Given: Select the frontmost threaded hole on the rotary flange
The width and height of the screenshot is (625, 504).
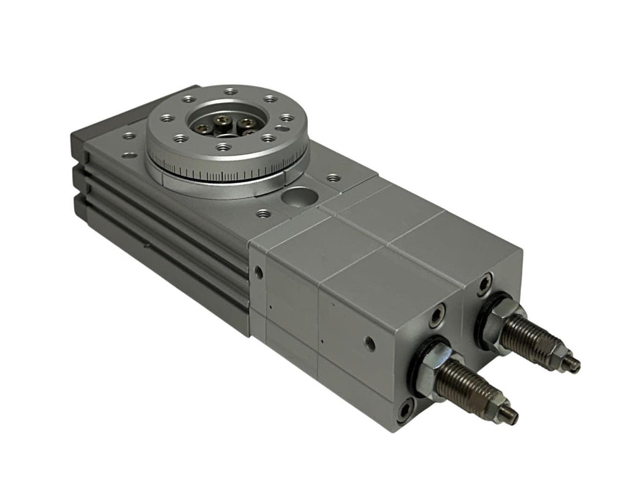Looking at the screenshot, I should pos(224,147).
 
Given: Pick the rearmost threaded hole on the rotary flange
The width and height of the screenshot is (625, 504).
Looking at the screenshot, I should pos(229,91).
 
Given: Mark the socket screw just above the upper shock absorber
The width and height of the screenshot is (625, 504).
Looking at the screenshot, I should pos(487,283).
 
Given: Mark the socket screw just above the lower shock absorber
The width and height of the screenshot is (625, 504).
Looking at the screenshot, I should pos(437,315).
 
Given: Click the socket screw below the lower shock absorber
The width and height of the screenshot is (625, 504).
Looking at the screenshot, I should pos(405,411).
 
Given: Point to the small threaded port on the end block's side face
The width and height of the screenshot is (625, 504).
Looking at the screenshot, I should pos(370,343).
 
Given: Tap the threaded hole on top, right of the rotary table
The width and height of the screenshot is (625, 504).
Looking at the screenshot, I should pos(333,177).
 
